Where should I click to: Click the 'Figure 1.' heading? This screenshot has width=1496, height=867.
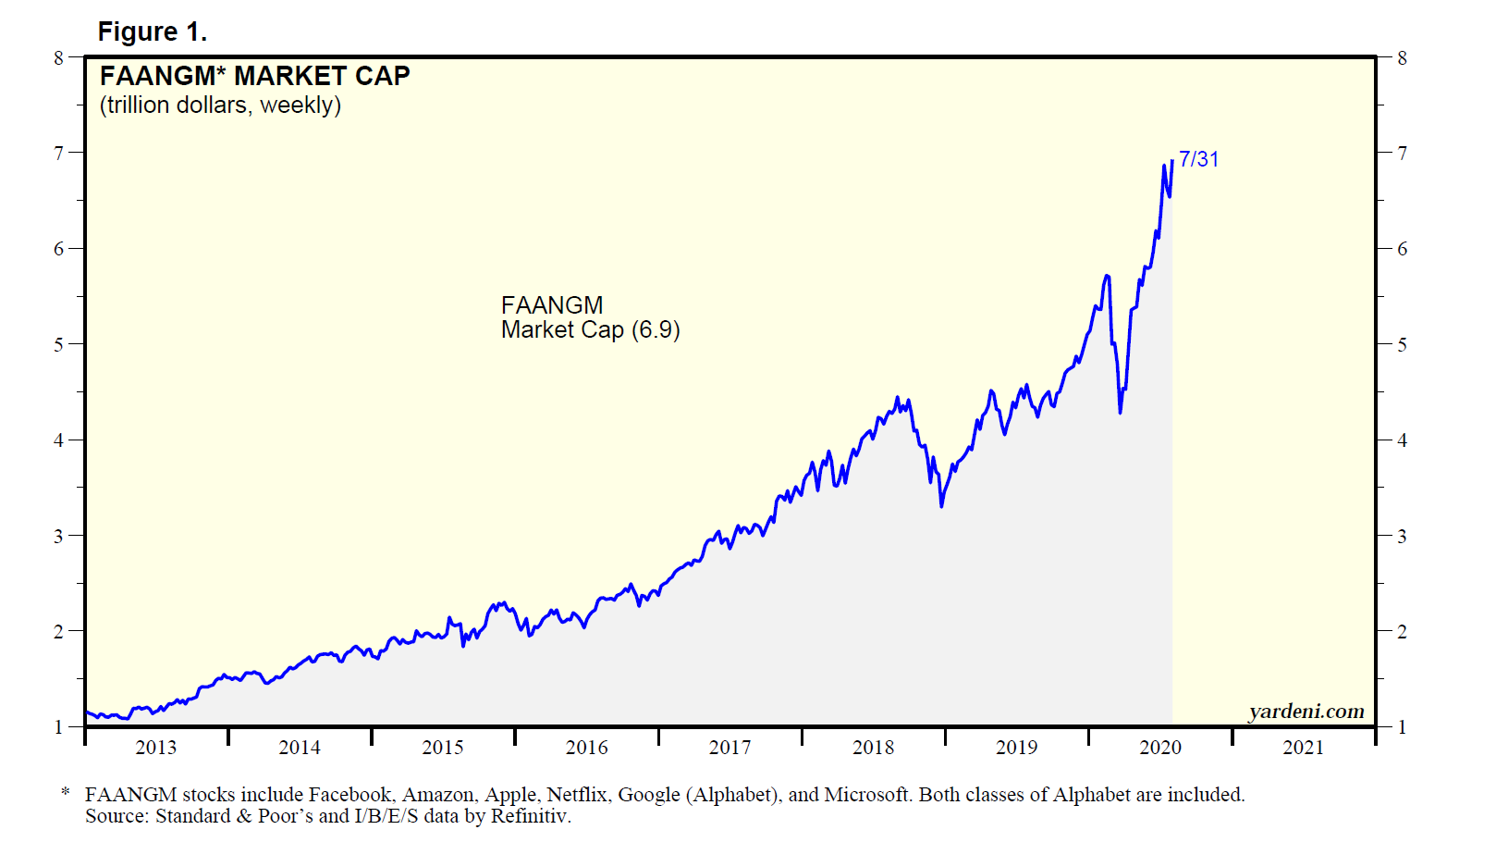click(x=152, y=32)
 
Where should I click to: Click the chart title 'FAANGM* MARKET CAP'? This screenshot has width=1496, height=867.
click(x=254, y=76)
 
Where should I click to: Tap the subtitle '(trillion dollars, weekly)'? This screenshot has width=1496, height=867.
click(x=220, y=105)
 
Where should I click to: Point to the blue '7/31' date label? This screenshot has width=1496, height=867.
click(x=1198, y=159)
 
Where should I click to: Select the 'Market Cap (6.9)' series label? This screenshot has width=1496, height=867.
click(x=590, y=330)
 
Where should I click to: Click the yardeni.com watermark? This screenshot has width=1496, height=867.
click(x=1306, y=711)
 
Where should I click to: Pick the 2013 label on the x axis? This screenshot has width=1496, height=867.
click(x=155, y=748)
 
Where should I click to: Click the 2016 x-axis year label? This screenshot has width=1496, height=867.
click(x=586, y=748)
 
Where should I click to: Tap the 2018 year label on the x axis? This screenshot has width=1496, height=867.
click(x=873, y=748)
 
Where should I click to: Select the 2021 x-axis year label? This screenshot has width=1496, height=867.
click(x=1303, y=748)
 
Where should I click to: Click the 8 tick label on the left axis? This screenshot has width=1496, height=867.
click(x=59, y=57)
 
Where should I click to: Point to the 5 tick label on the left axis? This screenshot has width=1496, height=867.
click(x=59, y=344)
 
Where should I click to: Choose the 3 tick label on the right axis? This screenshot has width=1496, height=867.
click(x=1402, y=537)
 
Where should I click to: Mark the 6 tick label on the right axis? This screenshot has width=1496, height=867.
click(x=1402, y=249)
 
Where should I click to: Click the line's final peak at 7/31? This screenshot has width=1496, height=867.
click(x=1172, y=160)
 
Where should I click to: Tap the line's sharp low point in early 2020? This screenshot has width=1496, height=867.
click(x=1121, y=412)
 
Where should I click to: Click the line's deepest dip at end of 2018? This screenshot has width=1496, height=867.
click(x=941, y=506)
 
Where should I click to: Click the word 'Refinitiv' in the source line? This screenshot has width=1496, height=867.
click(x=529, y=816)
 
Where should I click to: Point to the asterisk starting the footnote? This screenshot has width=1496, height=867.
click(x=66, y=793)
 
